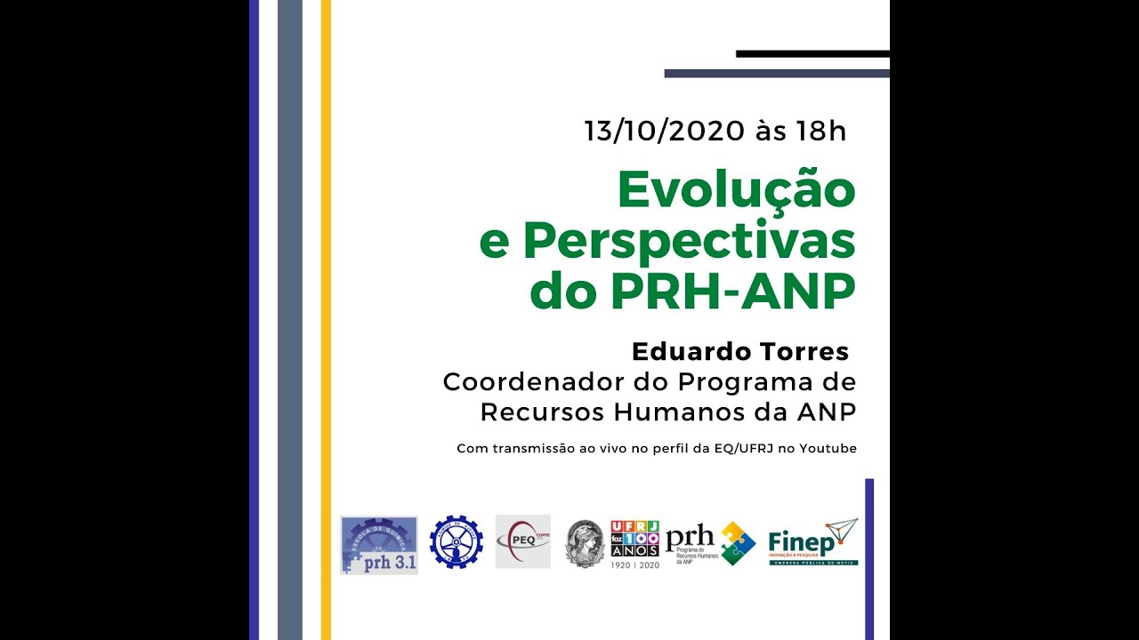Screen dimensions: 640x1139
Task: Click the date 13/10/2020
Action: (x=664, y=132)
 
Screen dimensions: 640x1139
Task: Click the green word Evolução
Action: (x=736, y=190)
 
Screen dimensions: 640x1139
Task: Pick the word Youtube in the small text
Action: (x=828, y=449)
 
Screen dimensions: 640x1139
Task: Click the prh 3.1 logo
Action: (x=379, y=545)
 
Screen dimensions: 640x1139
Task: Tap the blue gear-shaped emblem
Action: (x=456, y=542)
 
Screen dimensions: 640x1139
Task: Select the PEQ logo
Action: (x=522, y=541)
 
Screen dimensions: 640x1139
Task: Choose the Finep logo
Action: (x=812, y=542)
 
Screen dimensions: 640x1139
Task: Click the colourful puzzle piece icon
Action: (x=738, y=543)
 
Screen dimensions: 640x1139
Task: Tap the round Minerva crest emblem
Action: (x=585, y=543)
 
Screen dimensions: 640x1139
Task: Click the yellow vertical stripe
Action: (x=326, y=320)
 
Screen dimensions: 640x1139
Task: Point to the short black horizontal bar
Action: (x=812, y=54)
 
